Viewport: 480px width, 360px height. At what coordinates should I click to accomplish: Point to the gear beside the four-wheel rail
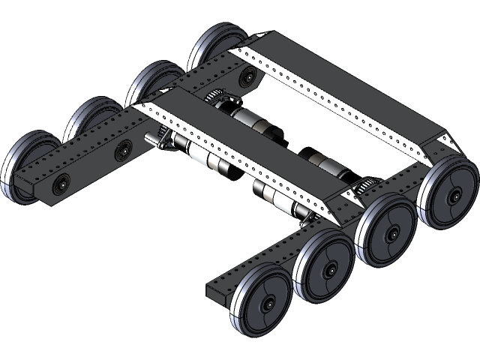click(x=365, y=187)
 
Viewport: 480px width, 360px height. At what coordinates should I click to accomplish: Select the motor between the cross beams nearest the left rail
click(x=255, y=120)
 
